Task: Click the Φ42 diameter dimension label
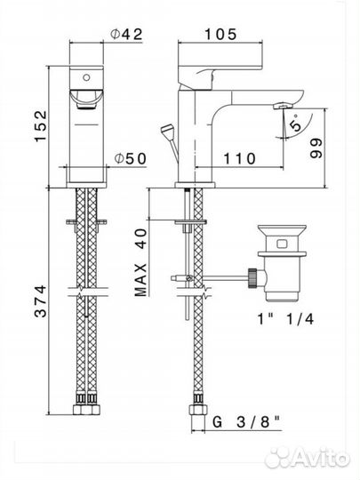tap(126, 35)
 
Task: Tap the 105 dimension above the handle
tap(220, 34)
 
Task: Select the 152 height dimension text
tap(41, 126)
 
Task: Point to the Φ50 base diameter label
tap(131, 158)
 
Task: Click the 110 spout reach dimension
tap(239, 158)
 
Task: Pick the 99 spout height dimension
tap(316, 148)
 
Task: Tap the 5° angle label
tap(295, 123)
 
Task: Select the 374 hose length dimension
tap(40, 301)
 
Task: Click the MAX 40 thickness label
tap(140, 262)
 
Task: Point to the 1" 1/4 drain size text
tap(285, 319)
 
